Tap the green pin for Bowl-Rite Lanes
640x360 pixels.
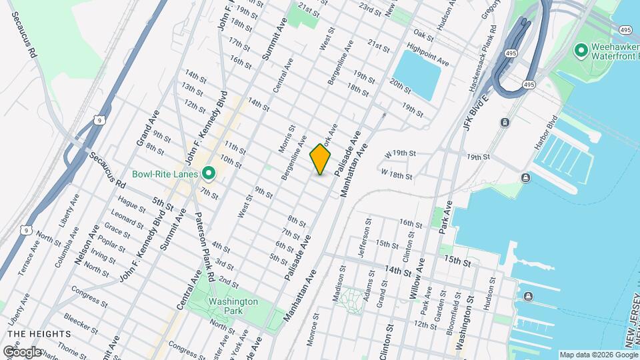point(209,174)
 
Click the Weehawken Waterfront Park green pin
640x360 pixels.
point(580,50)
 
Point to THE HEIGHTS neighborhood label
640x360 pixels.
point(39,333)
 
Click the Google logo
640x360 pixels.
point(22,351)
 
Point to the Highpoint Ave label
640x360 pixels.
point(427,55)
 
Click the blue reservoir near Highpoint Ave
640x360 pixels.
point(417,73)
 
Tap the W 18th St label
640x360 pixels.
point(397,175)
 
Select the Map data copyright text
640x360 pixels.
point(597,354)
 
